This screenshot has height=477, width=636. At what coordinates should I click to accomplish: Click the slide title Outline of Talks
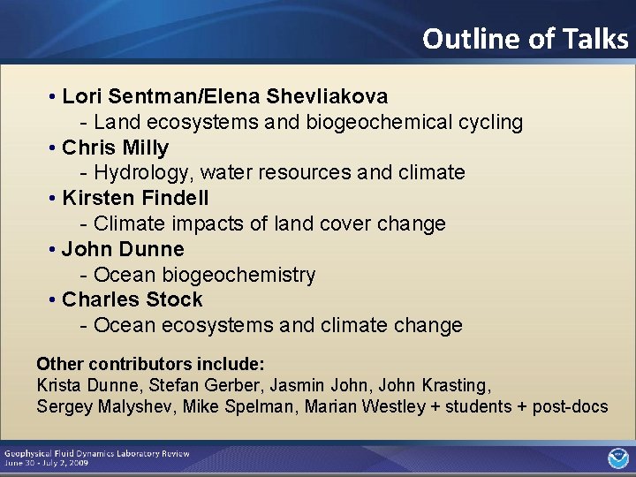click(525, 39)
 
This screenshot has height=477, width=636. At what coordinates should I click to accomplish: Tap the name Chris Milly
click(115, 148)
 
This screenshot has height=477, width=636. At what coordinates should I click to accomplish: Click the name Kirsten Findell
click(135, 198)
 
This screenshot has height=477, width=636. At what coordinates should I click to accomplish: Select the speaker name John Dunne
click(123, 249)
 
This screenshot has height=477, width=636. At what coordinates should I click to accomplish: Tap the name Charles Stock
click(132, 300)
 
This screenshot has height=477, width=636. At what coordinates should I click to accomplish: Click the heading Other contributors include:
click(150, 364)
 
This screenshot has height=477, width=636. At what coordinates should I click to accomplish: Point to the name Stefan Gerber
click(185, 385)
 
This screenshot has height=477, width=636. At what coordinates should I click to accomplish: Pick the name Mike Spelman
click(230, 406)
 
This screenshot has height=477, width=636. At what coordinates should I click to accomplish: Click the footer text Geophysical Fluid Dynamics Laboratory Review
click(96, 453)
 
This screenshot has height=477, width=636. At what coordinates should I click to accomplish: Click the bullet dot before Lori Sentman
click(54, 95)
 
